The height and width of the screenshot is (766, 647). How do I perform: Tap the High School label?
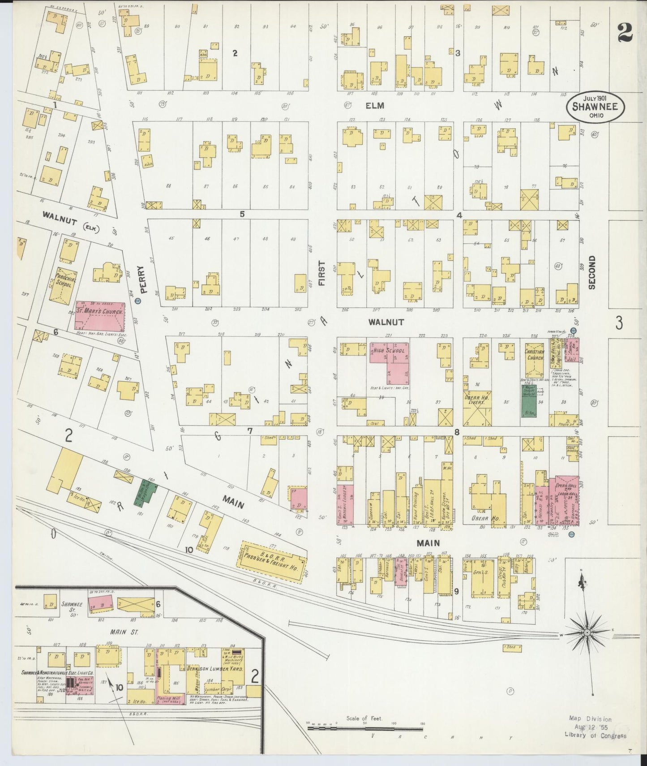pyautogui.click(x=388, y=351)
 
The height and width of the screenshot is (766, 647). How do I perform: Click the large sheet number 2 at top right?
pyautogui.click(x=624, y=32)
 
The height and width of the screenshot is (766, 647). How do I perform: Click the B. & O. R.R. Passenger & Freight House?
pyautogui.click(x=274, y=563)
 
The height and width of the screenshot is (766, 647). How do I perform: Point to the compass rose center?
pyautogui.click(x=587, y=633)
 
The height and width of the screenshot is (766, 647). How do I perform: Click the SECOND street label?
pyautogui.click(x=592, y=272)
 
